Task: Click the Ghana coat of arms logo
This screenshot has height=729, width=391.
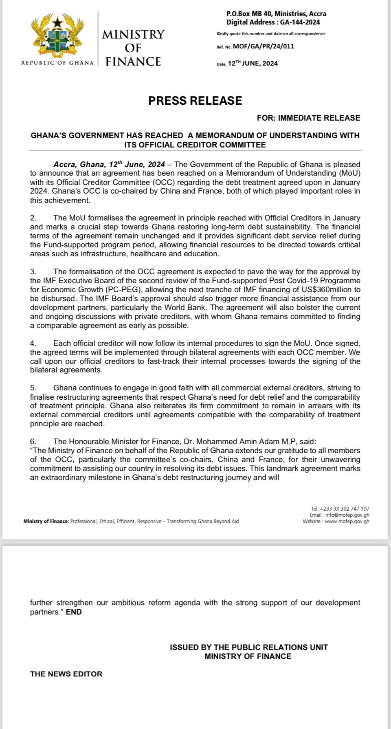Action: point(57,36)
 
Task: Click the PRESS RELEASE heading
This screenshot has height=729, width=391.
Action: point(195,101)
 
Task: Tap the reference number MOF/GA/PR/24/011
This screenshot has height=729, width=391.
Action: point(264,46)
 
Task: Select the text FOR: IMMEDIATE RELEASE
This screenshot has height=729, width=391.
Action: point(308,118)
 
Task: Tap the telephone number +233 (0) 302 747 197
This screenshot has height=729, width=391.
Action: point(345,509)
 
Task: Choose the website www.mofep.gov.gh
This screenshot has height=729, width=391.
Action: point(347,521)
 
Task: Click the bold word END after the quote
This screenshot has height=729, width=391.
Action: point(74,612)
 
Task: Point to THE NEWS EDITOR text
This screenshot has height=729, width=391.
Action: point(66,674)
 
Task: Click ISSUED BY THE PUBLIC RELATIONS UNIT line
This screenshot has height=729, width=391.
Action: point(248,647)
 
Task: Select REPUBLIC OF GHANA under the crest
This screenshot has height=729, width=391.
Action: point(57,63)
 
